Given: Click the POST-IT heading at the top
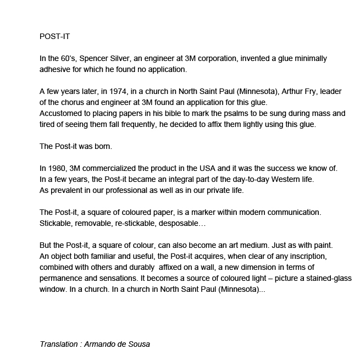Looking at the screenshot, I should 54,37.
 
